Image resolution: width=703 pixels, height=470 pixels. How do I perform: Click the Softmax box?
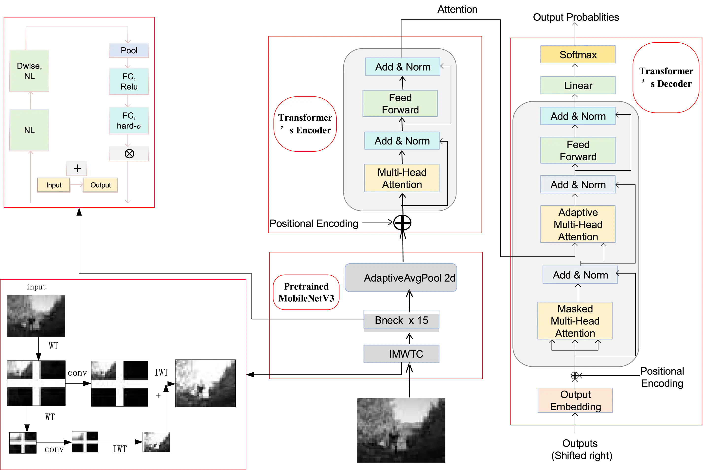tap(578, 55)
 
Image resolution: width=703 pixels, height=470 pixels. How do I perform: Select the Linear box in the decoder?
tap(578, 85)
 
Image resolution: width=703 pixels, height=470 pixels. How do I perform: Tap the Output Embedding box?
tap(575, 400)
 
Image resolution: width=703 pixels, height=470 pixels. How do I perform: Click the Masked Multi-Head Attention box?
tap(575, 321)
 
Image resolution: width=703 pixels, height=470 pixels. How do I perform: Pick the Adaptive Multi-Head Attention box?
tap(578, 224)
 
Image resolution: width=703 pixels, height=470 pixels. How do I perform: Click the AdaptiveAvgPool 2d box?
tap(401, 278)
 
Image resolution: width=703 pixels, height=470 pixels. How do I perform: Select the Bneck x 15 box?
tap(401, 320)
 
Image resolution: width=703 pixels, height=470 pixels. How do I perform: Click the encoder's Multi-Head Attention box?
tap(402, 178)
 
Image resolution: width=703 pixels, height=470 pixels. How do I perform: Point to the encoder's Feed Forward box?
tap(400, 103)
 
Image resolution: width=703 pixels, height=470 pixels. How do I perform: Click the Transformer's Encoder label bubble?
tap(305, 124)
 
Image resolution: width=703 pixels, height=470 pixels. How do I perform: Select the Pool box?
tap(129, 50)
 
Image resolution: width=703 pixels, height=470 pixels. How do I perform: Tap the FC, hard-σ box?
tap(129, 121)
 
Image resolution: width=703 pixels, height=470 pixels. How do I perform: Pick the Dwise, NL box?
tap(29, 71)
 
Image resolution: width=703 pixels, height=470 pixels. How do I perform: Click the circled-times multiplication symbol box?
tap(129, 154)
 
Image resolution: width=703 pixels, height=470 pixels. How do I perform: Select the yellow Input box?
tap(54, 185)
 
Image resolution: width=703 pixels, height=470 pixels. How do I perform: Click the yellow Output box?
tap(100, 185)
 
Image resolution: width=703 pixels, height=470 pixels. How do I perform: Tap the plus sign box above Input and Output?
tap(77, 168)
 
